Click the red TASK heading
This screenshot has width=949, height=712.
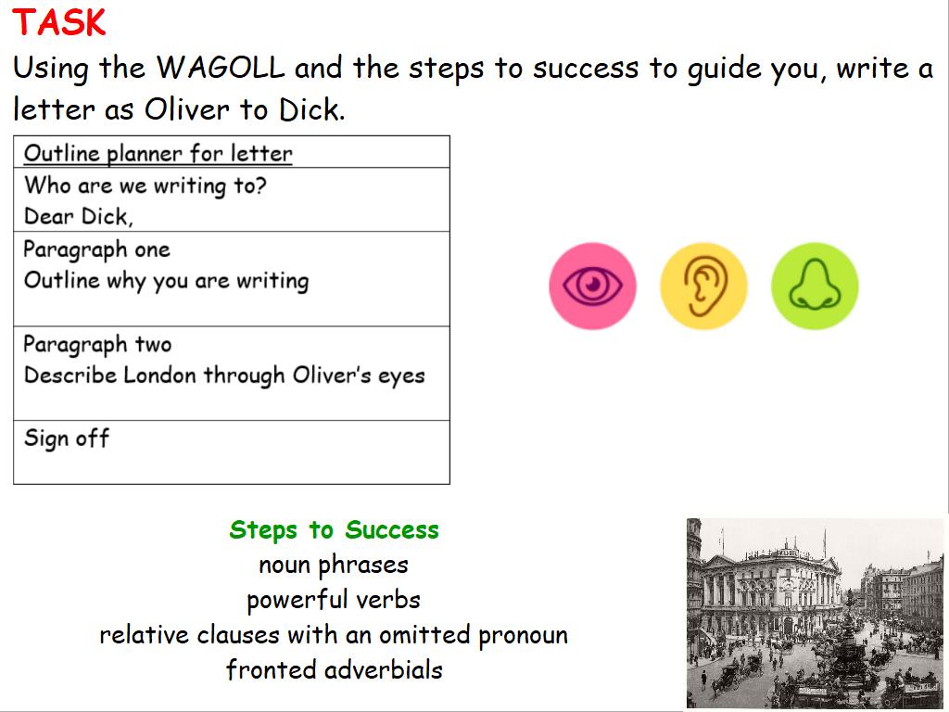58,23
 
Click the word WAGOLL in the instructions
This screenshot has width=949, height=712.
221,67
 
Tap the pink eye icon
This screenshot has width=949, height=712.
592,286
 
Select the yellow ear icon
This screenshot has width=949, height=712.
703,286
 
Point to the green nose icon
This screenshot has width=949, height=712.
815,286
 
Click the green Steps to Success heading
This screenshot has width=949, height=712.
334,529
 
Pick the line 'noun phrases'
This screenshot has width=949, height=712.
334,565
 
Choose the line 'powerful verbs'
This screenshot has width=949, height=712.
334,600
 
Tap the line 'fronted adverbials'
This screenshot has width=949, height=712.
334,670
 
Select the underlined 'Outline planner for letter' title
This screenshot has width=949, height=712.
158,153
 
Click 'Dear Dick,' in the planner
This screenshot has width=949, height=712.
78,217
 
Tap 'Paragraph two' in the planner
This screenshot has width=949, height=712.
97,345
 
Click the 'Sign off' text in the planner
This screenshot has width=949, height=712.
67,439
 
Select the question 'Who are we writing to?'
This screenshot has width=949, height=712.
146,185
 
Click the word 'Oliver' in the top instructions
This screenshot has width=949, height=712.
187,109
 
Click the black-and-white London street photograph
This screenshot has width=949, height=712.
815,613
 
